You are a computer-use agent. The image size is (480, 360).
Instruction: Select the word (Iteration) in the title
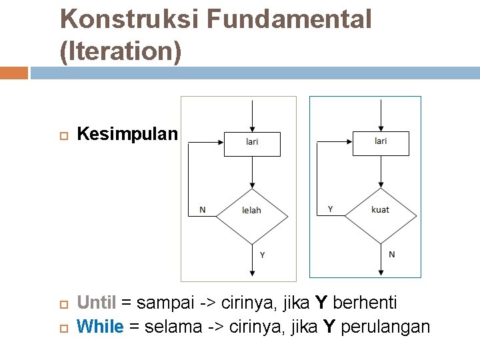(121, 51)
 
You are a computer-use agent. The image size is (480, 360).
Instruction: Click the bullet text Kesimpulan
(127, 134)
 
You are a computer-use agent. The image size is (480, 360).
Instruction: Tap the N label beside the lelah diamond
(203, 210)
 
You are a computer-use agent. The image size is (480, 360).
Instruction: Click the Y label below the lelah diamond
(262, 255)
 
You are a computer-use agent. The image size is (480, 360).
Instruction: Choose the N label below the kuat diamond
(391, 254)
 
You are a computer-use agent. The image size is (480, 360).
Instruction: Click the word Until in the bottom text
(97, 303)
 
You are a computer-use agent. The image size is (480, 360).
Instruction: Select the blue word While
(100, 327)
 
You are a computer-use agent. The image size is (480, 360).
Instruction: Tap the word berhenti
(365, 303)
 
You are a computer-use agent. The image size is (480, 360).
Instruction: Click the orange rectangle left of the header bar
(14, 73)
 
